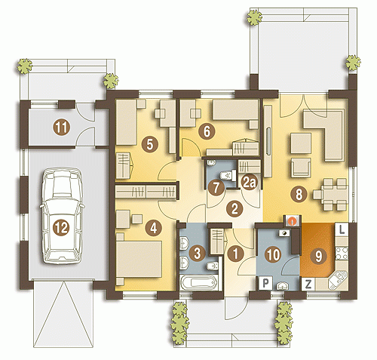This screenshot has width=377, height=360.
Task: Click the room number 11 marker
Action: [x=62, y=128]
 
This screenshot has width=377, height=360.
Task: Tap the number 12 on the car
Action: [x=62, y=228]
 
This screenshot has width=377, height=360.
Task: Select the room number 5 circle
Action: [x=149, y=145]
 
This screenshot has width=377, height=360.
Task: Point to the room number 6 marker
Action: [x=207, y=131]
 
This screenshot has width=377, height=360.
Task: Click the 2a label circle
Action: [x=249, y=183]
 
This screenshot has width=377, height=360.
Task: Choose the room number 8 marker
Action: [x=299, y=194]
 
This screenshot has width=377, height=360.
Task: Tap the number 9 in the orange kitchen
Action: [x=318, y=256]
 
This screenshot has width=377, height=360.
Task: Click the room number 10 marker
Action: [x=273, y=254]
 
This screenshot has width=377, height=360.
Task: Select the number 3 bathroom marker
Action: [x=197, y=253]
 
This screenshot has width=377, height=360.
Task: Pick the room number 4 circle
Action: [x=154, y=229]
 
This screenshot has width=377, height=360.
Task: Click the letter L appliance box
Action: [x=342, y=230]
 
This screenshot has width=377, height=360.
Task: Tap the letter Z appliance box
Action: [x=308, y=285]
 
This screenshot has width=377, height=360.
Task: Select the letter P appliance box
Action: [x=265, y=283]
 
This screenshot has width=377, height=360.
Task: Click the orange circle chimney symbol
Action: [x=292, y=221]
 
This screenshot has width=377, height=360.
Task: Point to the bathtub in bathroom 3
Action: [x=199, y=282]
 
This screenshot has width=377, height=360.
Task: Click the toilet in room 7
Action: [x=228, y=174]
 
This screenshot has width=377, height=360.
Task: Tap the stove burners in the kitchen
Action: [x=342, y=254]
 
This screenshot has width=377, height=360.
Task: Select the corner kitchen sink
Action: [x=338, y=279]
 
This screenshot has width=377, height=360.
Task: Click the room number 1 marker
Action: [x=235, y=254]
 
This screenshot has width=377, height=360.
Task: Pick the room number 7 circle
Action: [x=216, y=187]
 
